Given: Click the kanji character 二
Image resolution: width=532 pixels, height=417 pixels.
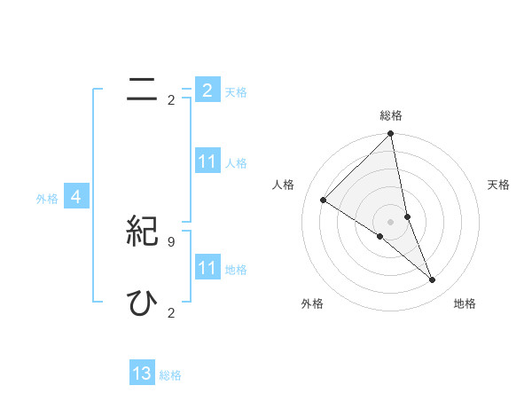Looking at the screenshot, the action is [x=142, y=89].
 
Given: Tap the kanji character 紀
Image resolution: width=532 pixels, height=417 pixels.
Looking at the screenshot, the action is [x=142, y=231].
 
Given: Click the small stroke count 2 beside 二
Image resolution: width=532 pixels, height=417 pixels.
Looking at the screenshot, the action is [x=171, y=100].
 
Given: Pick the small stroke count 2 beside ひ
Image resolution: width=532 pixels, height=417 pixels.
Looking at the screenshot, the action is [x=171, y=312].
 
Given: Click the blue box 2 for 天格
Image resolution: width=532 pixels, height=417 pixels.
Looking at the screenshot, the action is [x=207, y=90].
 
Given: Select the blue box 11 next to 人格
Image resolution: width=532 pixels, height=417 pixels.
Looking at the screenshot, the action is [x=207, y=161].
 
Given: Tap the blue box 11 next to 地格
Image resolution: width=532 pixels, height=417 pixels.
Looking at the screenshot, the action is [x=207, y=268].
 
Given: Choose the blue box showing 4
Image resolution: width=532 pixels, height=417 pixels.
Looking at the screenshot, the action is [x=76, y=198].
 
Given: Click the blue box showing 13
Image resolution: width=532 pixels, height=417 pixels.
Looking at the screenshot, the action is [x=142, y=374].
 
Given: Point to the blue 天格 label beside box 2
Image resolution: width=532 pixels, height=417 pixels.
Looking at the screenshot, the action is [x=236, y=91].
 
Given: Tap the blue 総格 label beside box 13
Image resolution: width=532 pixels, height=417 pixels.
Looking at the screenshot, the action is [x=170, y=375].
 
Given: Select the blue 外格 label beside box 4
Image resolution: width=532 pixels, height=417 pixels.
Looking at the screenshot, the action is [x=47, y=199].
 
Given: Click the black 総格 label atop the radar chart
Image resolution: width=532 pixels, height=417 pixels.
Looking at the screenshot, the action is [x=391, y=115].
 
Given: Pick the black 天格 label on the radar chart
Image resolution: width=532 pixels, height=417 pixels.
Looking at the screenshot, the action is [x=499, y=185].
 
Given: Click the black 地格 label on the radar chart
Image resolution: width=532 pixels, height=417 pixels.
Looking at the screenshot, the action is [x=465, y=303].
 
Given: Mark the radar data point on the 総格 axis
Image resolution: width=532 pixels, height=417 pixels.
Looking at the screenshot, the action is [x=391, y=134].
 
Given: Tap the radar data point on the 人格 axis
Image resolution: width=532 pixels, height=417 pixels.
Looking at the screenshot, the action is [x=323, y=201].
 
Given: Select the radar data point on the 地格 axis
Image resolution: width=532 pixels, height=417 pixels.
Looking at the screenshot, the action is [x=433, y=280].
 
